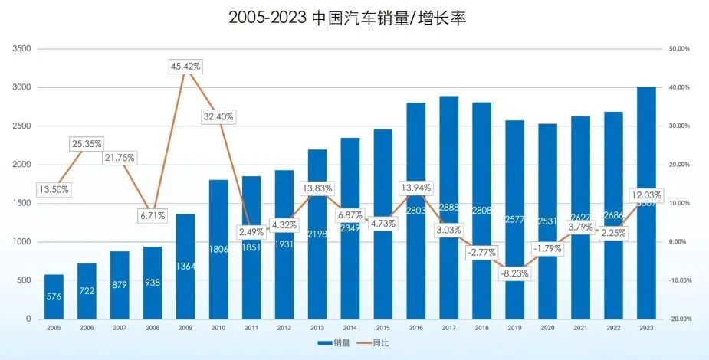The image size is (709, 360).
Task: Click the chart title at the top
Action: tap(347, 18)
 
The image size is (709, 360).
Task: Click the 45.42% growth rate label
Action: tap(185, 67)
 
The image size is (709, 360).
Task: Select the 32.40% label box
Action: tap(219, 117)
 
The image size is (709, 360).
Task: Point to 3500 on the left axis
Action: tap(21, 49)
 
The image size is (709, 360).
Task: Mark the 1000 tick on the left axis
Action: tap(21, 242)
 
